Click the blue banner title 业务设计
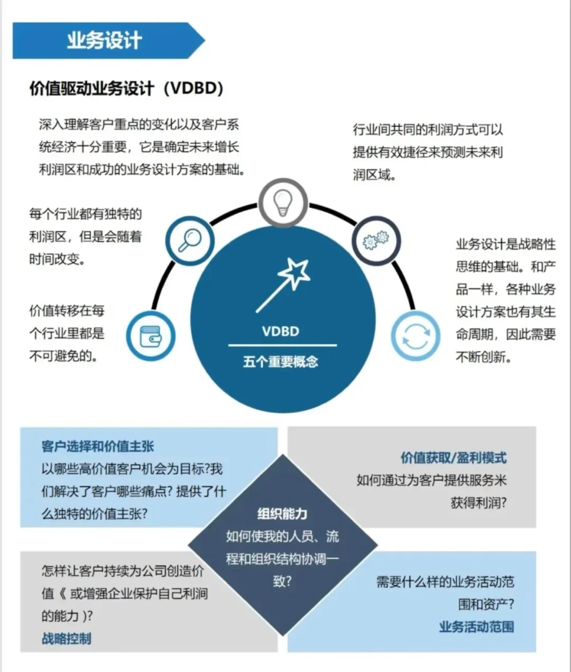tap(104, 41)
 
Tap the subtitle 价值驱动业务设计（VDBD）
tap(126, 88)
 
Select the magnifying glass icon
tap(189, 241)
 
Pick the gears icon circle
tap(376, 241)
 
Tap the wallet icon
tap(151, 336)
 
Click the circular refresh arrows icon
tap(415, 336)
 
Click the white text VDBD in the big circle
tap(281, 332)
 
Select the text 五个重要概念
tap(281, 362)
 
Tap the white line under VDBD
tap(282, 345)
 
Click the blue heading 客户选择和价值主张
tap(98, 447)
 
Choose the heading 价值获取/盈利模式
tap(453, 458)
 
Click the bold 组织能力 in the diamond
tap(282, 513)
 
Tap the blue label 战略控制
tap(67, 638)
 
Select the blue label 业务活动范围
tap(476, 627)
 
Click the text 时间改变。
tap(57, 259)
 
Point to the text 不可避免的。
tap(63, 356)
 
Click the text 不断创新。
tap(484, 357)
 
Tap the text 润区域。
tap(374, 174)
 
